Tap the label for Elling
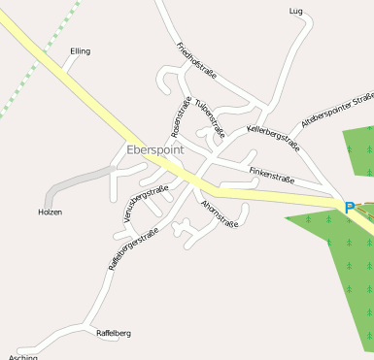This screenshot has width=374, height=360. click(80, 50)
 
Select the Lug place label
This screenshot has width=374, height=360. click(296, 11)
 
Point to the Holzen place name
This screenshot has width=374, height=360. click(50, 212)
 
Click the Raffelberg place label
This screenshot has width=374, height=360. click(114, 333)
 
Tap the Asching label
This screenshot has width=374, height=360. click(23, 356)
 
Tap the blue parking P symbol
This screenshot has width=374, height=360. click(349, 207)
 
